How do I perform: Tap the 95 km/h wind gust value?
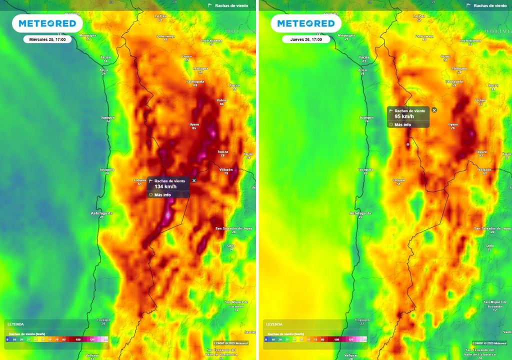[x=402, y=116]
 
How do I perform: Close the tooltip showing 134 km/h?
[x=194, y=180]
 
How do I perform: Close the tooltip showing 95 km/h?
[x=434, y=110]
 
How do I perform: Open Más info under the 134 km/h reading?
[x=162, y=194]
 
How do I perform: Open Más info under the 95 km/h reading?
[x=402, y=124]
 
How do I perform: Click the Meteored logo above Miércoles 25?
[x=47, y=23]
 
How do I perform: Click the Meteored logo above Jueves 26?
[x=306, y=23]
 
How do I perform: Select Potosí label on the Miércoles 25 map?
[x=221, y=100]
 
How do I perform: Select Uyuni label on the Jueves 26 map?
[x=453, y=124]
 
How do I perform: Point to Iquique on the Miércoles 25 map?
[x=108, y=117]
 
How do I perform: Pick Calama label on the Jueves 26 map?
[x=398, y=180]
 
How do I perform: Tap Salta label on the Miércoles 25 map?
[x=230, y=245]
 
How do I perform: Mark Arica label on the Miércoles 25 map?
[x=103, y=70]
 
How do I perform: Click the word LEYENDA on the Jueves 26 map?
[x=274, y=324]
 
